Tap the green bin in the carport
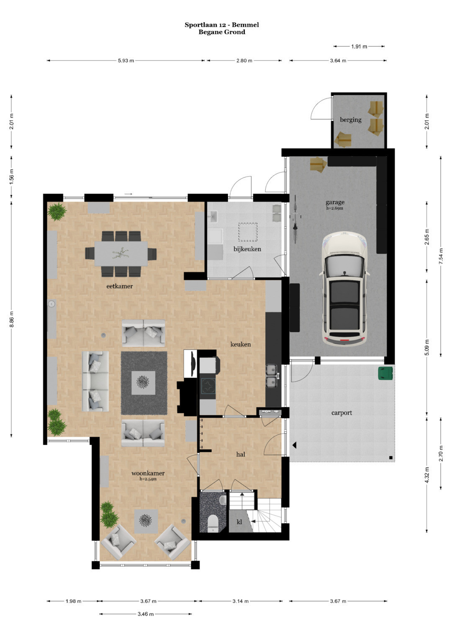click(385, 373)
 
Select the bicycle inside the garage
click(295, 219)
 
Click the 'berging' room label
click(350, 120)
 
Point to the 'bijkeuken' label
click(247, 249)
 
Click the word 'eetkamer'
click(120, 286)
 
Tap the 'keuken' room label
click(241, 344)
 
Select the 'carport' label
click(342, 413)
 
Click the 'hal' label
click(241, 454)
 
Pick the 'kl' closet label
click(239, 522)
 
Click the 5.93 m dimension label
click(126, 61)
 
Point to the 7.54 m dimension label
click(441, 256)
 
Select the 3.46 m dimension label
click(146, 614)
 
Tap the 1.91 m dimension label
click(359, 46)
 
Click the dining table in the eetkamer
click(121, 254)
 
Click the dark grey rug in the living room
click(144, 383)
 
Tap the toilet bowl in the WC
click(213, 523)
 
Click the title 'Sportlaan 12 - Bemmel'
click(222, 25)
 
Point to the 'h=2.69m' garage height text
click(335, 208)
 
